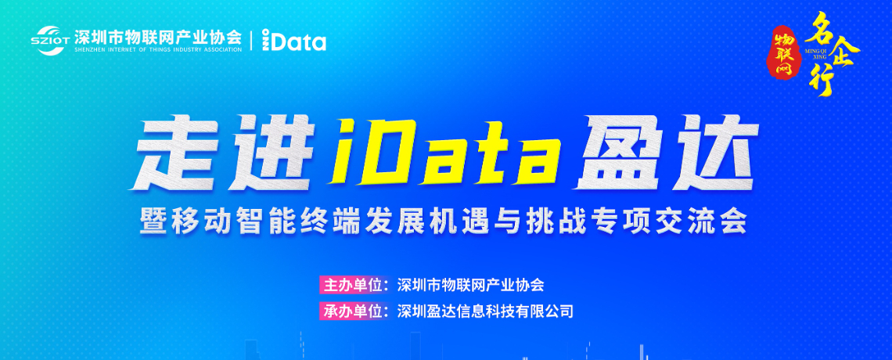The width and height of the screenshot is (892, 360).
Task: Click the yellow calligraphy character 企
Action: click(x=843, y=53)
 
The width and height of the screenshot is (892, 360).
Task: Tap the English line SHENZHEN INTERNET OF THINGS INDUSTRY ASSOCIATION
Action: click(x=158, y=49)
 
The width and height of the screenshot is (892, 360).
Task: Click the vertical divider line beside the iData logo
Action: click(x=252, y=41)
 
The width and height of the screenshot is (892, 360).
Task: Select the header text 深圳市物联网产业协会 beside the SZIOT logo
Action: click(x=158, y=37)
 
